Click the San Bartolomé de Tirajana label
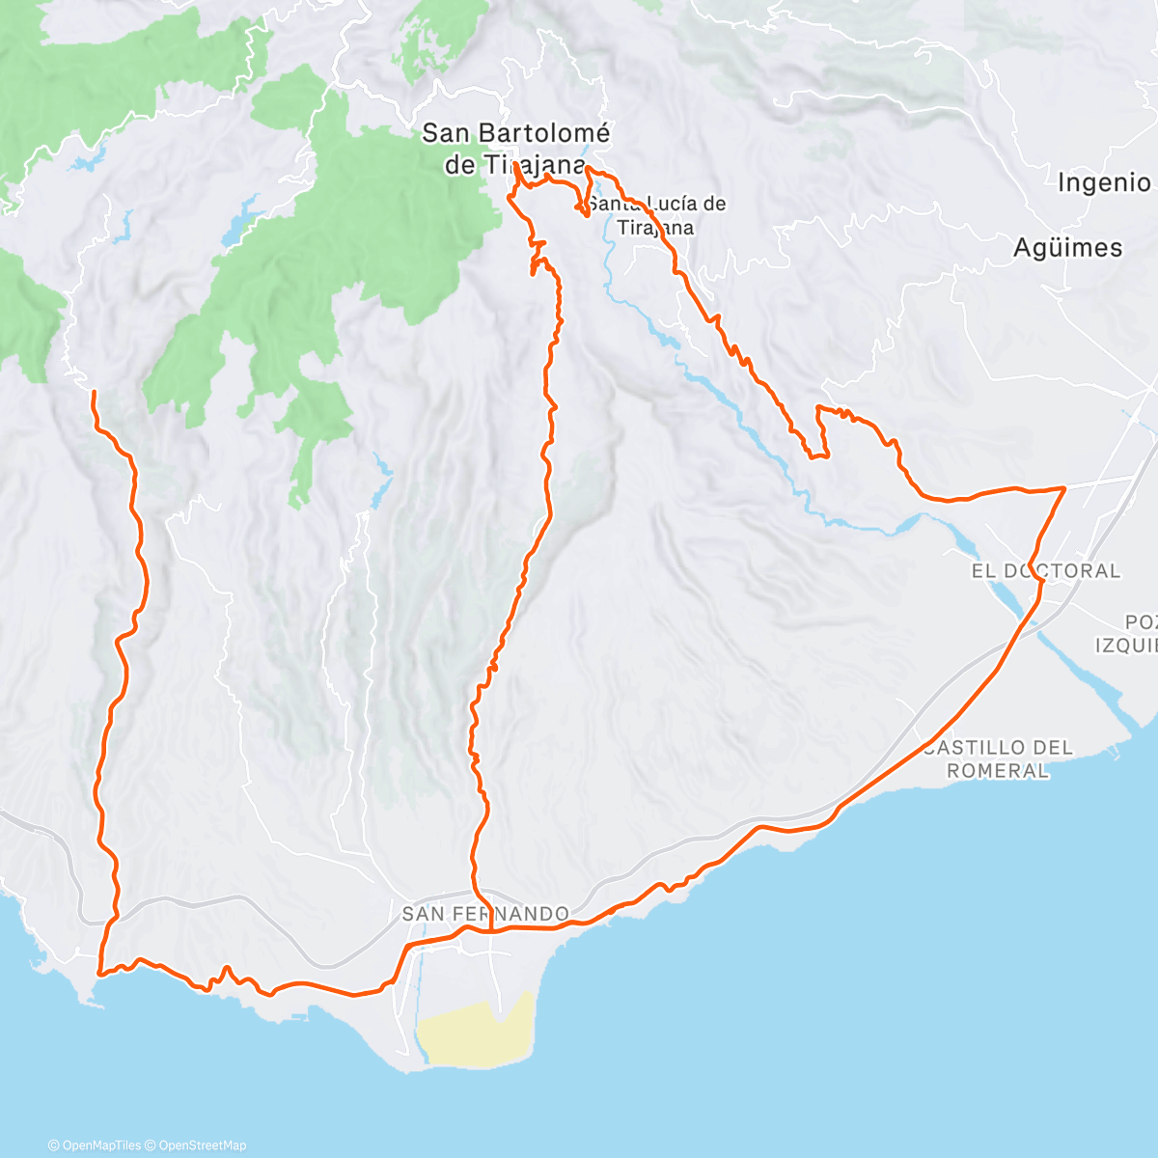pos(515,149)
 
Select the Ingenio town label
pos(1104,182)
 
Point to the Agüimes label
pos(1067,248)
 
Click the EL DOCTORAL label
pos(1045,571)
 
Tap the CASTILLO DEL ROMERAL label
pos(998,758)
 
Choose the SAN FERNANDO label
pos(484,913)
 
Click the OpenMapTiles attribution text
pos(94,1145)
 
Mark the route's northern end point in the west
pos(94,392)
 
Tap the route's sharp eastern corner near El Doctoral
pos(1063,489)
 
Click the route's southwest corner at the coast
pos(100,974)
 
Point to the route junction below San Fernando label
pos(491,930)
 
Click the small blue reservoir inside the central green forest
pos(240,224)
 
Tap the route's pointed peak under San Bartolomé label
pos(517,166)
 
